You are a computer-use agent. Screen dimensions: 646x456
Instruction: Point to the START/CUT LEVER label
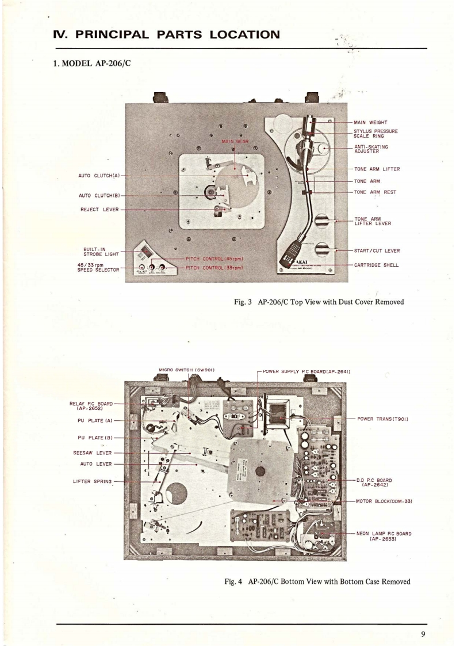coord(377,250)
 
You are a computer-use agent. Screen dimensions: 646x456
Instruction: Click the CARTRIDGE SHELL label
coord(377,265)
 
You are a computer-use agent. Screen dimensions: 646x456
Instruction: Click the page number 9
coord(423,634)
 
